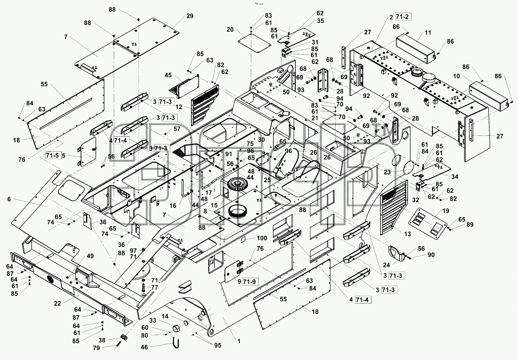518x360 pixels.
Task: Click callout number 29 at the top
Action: (x=190, y=16)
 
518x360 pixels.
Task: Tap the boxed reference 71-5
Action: (x=52, y=155)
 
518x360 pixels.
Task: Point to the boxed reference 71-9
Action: (x=250, y=282)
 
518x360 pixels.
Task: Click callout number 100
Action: (x=262, y=238)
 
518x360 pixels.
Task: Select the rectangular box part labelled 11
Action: (x=415, y=48)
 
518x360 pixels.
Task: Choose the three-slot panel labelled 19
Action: (x=427, y=223)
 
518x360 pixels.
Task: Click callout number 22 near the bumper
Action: (x=57, y=303)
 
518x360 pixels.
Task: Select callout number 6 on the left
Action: (x=9, y=199)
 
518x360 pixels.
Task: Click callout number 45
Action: (x=168, y=75)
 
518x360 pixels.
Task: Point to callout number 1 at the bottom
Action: (x=239, y=341)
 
